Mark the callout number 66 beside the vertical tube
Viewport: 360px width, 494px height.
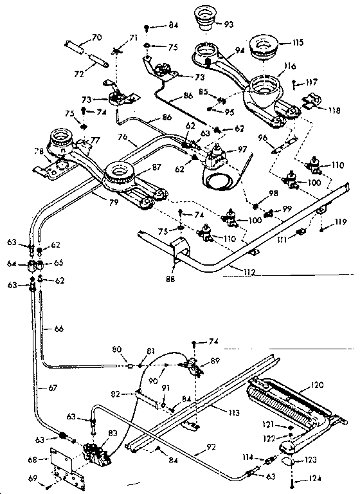(59, 329)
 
